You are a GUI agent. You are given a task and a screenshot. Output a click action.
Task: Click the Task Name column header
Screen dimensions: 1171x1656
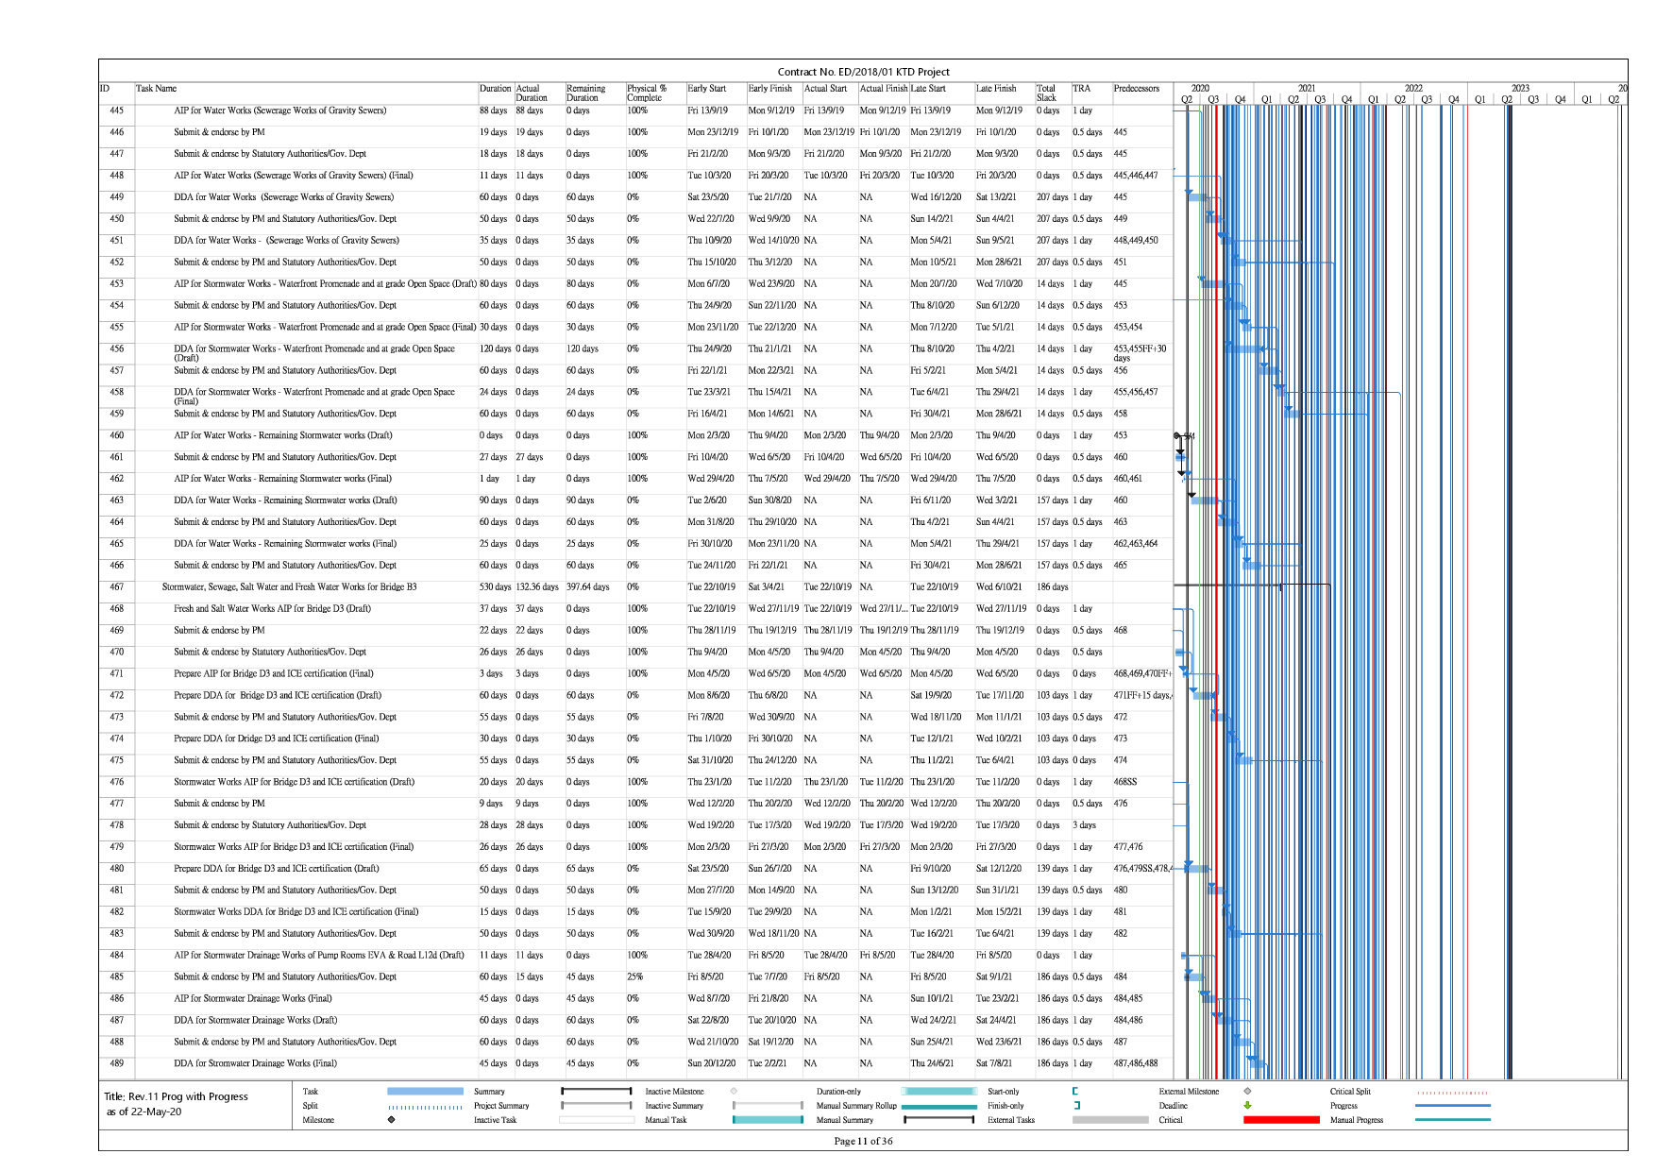pos(157,89)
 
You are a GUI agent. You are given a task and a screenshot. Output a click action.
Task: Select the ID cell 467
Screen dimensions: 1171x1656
pos(117,587)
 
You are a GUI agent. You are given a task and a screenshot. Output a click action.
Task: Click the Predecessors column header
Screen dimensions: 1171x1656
pos(1136,89)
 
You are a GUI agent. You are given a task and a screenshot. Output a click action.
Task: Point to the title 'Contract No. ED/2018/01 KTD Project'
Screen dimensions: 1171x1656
pos(863,72)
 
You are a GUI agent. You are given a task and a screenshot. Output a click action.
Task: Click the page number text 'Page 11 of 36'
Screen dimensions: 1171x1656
pos(863,1141)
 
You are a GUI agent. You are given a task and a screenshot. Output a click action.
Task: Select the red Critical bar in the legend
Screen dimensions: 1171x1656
pos(1281,1120)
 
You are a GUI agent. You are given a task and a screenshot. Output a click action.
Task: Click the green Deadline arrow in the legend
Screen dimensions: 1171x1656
pos(1247,1106)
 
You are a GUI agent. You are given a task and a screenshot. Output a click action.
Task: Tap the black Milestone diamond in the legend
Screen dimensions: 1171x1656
pos(392,1120)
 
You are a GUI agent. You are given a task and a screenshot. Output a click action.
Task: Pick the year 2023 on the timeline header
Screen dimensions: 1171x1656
pos(1520,89)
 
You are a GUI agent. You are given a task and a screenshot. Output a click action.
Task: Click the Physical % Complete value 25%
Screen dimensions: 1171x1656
pos(635,977)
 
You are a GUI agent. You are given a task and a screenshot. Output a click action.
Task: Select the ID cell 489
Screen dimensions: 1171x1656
pos(117,1063)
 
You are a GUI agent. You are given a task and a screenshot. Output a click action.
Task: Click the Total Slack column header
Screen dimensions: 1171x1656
pos(1046,93)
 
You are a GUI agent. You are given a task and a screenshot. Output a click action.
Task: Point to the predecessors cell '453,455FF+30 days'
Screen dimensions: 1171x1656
pos(1140,353)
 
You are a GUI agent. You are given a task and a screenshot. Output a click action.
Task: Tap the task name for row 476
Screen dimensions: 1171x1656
pos(294,782)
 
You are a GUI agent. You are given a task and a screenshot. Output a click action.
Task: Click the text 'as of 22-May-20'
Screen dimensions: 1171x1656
pos(144,1112)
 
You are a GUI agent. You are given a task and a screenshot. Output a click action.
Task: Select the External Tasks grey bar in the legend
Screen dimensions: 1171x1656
pos(1110,1120)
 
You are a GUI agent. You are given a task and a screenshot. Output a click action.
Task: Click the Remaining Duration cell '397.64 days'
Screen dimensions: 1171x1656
pos(587,587)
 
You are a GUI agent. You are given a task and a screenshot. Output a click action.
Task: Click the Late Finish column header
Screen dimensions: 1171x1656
pos(996,89)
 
